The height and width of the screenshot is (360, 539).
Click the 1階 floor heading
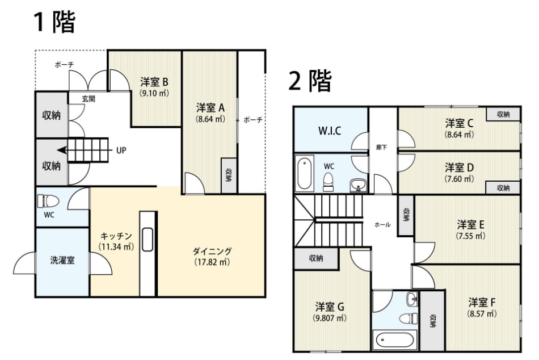[x=54, y=22]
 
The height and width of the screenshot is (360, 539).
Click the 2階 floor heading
[x=310, y=81]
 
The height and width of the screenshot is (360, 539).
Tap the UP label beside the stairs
[x=121, y=150]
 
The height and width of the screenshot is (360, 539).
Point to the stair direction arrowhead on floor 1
[x=61, y=150]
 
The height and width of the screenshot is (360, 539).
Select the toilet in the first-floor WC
[x=48, y=201]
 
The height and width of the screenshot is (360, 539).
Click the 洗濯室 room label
[x=62, y=260]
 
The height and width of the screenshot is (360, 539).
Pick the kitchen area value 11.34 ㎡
[x=116, y=247]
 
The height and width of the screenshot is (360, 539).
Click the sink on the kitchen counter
[x=148, y=239]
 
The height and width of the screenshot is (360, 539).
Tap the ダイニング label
[x=212, y=251]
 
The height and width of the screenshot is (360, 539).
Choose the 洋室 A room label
[x=210, y=108]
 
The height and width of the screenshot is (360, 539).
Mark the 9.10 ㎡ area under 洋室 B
[x=154, y=93]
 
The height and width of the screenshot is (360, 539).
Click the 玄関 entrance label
[x=89, y=99]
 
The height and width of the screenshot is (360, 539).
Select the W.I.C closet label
[x=330, y=131]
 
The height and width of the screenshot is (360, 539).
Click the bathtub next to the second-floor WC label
[x=304, y=173]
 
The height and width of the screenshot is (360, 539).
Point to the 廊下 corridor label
[x=382, y=147]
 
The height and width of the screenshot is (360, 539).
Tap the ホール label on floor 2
[x=382, y=225]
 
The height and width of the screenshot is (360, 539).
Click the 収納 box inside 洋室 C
[x=503, y=114]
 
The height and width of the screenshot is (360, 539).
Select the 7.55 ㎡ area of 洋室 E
[x=470, y=236]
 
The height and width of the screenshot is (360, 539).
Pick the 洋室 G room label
[x=330, y=306]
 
